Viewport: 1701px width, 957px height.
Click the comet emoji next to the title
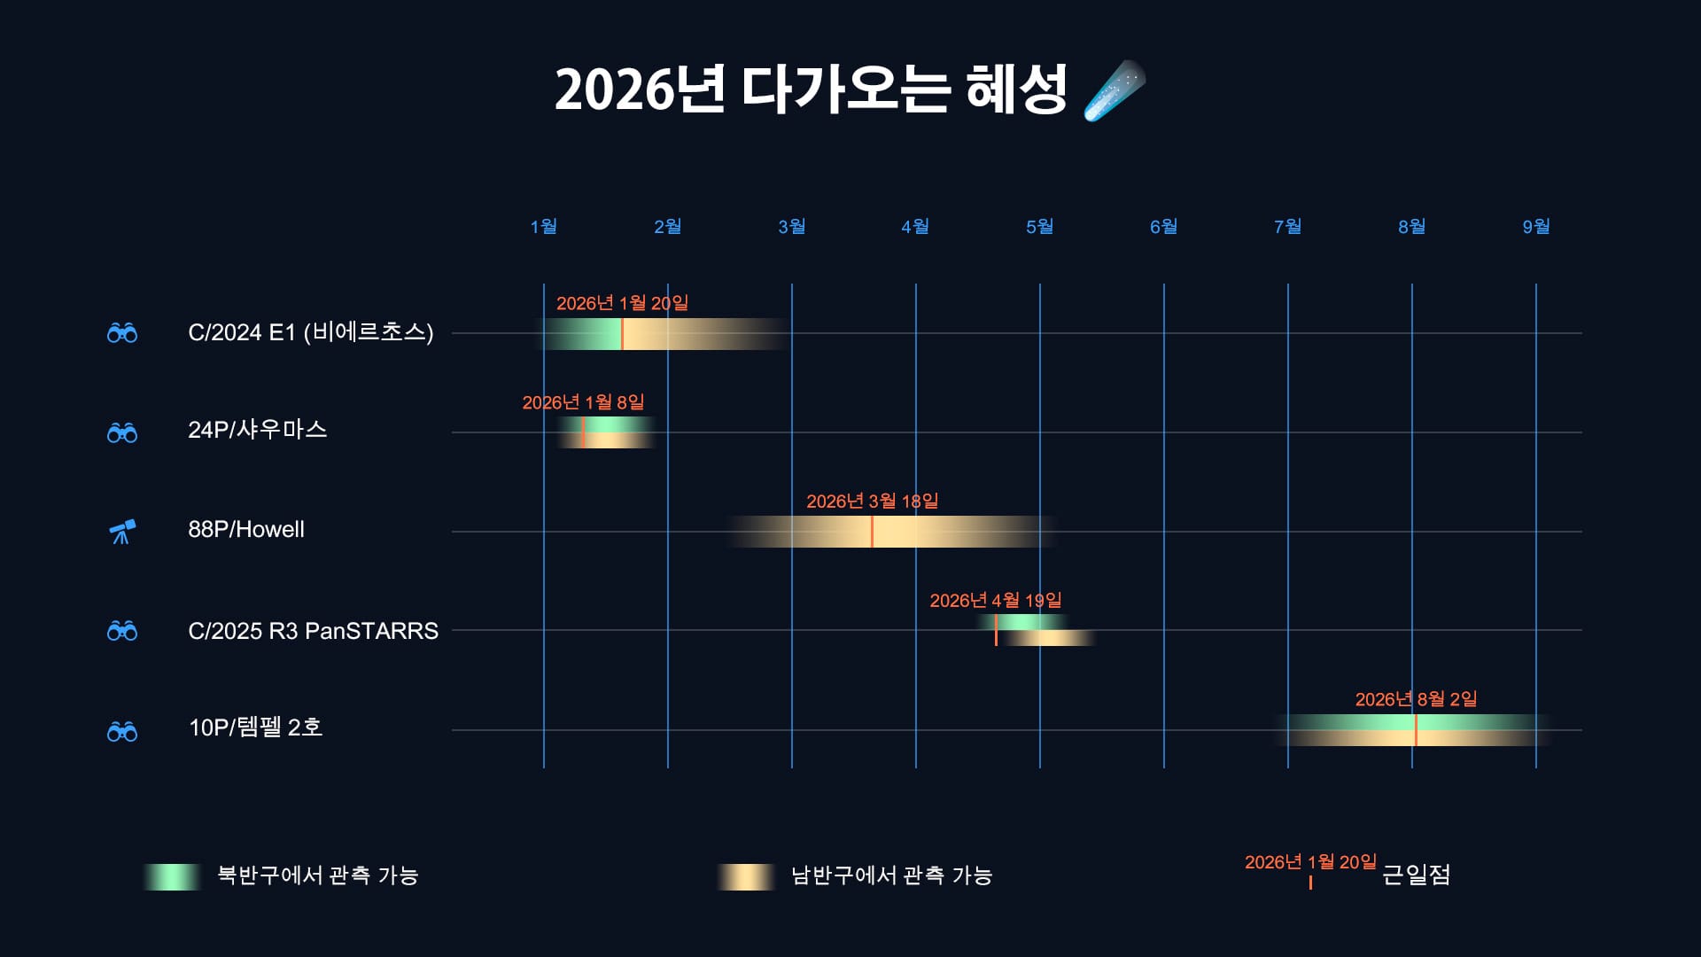[x=1114, y=90]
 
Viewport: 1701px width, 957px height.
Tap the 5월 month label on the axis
[x=1039, y=227]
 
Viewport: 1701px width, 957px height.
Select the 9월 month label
[x=1535, y=227]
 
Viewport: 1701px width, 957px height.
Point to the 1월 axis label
[x=543, y=227]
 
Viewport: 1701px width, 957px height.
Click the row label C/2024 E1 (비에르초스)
[x=310, y=332]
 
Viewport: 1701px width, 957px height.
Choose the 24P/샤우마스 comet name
[x=257, y=430]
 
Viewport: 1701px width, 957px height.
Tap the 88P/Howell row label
[x=245, y=529]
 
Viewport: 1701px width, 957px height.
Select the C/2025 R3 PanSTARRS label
[x=313, y=631]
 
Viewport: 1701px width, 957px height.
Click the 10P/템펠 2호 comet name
[x=255, y=727]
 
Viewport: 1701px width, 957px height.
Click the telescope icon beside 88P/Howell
[x=122, y=532]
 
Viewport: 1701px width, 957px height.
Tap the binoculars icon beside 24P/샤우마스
[x=122, y=432]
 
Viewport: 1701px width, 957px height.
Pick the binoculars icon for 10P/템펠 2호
[x=122, y=731]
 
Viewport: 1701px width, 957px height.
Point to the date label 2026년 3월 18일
[x=872, y=502]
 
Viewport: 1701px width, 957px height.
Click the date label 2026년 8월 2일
[x=1416, y=699]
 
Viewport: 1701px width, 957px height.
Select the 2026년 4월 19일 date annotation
[x=995, y=601]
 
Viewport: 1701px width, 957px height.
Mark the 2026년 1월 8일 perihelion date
[x=583, y=402]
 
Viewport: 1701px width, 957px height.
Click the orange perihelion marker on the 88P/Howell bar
[x=872, y=532]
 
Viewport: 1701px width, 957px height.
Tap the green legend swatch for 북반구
[x=173, y=876]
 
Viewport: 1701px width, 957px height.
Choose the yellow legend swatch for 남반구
[x=746, y=876]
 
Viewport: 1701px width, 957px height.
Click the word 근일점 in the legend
[x=1416, y=875]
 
